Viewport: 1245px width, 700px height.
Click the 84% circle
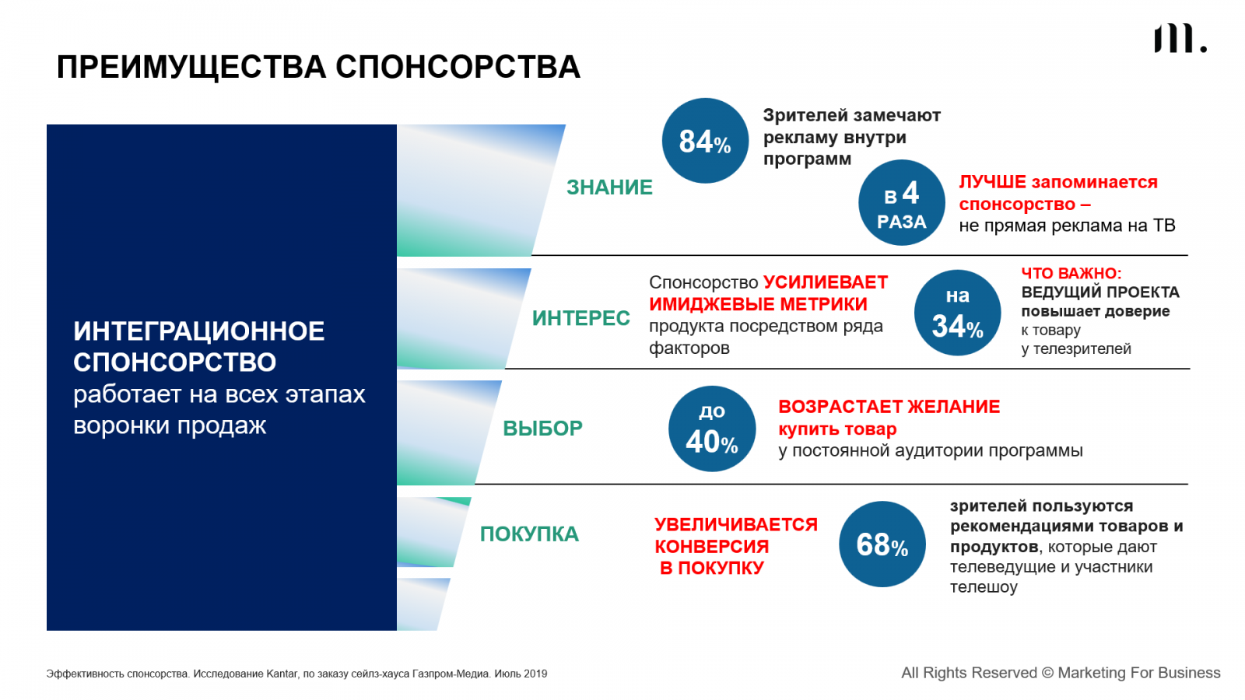(x=705, y=141)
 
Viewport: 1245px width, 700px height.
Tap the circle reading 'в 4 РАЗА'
(x=902, y=203)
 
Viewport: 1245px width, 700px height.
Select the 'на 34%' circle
(x=957, y=313)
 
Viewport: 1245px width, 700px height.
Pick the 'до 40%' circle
(x=712, y=429)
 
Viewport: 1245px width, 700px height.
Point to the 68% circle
(x=882, y=544)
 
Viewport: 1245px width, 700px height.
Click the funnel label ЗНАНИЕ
(x=609, y=187)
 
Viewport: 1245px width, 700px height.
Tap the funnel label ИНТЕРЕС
(x=580, y=318)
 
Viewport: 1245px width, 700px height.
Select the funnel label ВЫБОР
(x=542, y=429)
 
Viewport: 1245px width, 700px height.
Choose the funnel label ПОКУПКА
(x=529, y=534)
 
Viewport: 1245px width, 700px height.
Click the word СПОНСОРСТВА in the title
(x=458, y=67)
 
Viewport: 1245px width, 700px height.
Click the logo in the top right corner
(x=1180, y=39)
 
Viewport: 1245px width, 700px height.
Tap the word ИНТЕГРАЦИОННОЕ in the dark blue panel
(x=199, y=331)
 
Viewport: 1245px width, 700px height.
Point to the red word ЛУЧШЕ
(x=992, y=182)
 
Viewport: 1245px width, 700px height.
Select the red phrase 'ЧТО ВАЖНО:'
(x=1071, y=273)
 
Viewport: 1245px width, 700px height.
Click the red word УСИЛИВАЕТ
(x=826, y=282)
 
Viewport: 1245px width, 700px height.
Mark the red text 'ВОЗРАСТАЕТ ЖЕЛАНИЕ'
(x=889, y=407)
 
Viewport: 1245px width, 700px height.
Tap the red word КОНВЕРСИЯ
(x=711, y=547)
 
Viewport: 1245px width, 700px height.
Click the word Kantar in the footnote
(x=282, y=674)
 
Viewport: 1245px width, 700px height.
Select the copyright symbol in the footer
(x=1047, y=673)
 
